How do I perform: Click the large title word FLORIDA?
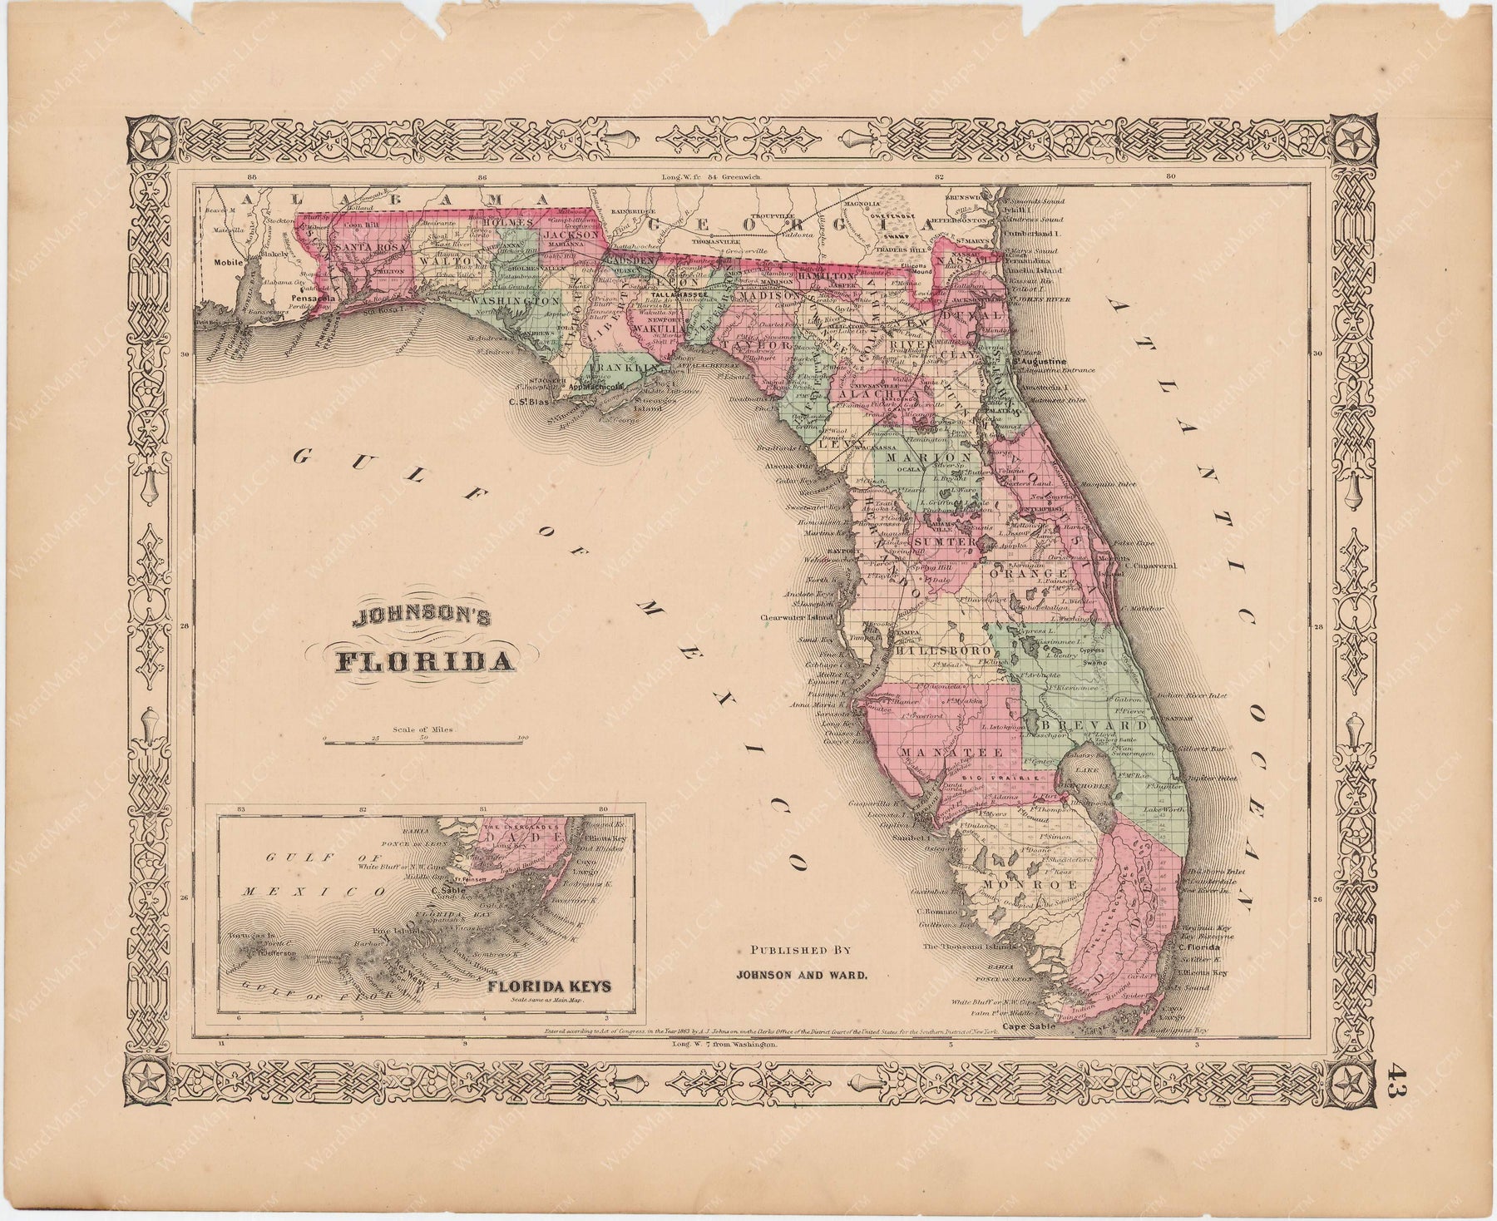[x=423, y=662]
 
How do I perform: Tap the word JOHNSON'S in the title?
[x=422, y=619]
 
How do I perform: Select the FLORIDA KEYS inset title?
[x=549, y=986]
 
